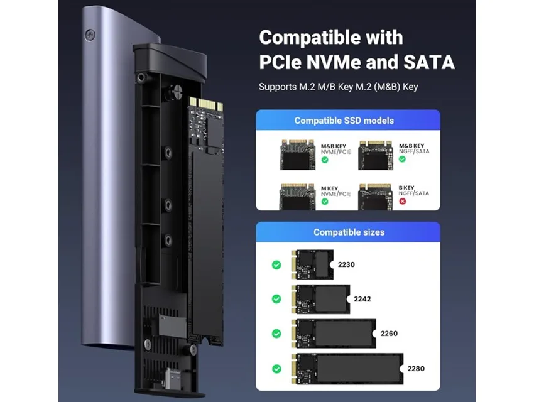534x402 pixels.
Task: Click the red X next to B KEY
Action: [403, 201]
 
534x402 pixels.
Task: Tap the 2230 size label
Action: [346, 264]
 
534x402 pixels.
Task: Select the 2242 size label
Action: [362, 299]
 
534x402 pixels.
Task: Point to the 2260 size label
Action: [389, 334]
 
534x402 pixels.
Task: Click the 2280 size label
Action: [416, 369]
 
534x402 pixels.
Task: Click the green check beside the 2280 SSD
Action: [277, 369]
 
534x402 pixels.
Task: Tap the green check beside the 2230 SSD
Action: [276, 265]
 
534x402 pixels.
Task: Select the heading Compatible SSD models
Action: [344, 121]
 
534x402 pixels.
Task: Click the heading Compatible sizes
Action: [349, 232]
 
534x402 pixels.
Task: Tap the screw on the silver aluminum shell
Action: [90, 34]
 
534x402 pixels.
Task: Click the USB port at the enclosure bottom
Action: [169, 378]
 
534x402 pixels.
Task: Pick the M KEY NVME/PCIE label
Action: [335, 191]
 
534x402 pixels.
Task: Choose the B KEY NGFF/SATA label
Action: [414, 190]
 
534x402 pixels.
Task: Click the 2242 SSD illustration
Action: [321, 299]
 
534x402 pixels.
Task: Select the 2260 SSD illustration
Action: [334, 334]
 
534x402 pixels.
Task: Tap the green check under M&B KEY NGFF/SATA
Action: [403, 159]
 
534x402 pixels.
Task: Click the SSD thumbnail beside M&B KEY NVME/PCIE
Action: [298, 155]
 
